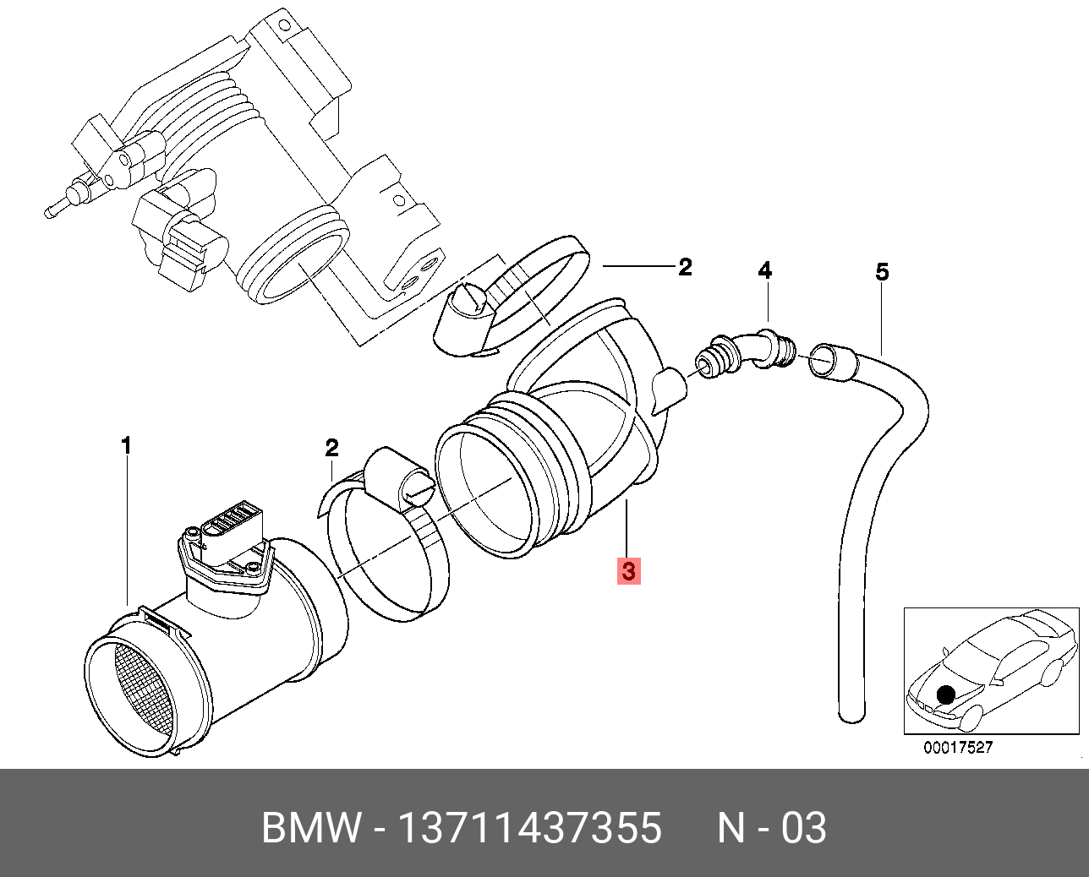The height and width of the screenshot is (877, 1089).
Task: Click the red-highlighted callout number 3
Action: pos(627,570)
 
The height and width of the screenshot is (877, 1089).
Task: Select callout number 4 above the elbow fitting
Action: pos(764,271)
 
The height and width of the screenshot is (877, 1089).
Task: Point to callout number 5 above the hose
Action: pos(882,272)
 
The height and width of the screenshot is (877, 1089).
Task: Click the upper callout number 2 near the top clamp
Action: pos(685,267)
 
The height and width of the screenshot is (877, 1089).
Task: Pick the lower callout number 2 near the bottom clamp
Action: pos(331,447)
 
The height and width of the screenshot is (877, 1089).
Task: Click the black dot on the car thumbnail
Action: pos(946,695)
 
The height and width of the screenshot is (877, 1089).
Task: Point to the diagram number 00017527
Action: pos(957,748)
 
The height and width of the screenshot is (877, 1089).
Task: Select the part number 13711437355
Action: pos(529,828)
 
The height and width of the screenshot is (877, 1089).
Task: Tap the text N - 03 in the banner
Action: pos(771,828)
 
